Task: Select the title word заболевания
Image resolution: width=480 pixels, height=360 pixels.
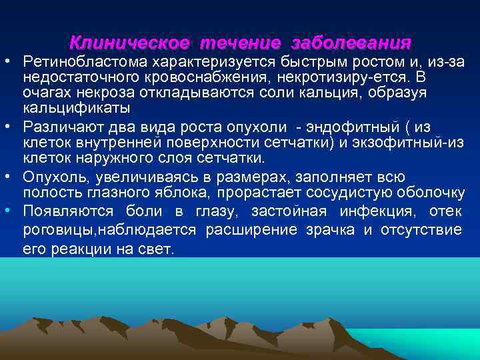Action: (351, 43)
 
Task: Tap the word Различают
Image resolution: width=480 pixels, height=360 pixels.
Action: (63, 127)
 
